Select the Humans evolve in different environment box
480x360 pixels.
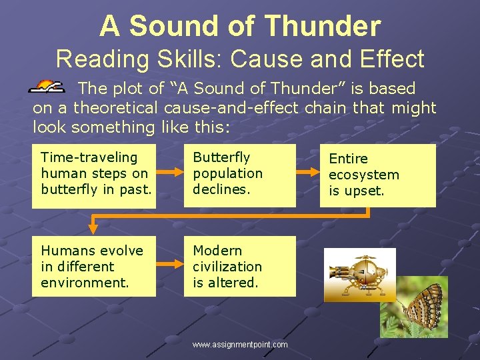tap(94, 267)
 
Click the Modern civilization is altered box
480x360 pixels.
tap(240, 267)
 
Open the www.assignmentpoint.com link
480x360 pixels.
tap(240, 345)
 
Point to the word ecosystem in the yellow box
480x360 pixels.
tap(364, 175)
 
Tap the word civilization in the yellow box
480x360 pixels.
tap(227, 267)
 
